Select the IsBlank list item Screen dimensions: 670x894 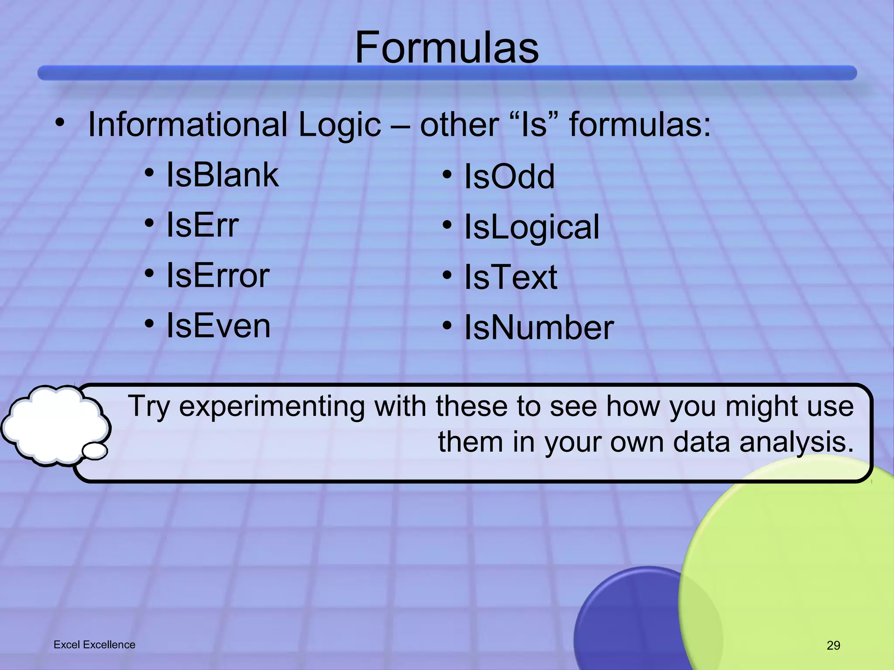222,175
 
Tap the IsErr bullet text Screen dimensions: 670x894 203,225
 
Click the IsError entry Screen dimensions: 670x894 218,276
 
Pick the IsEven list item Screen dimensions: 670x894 218,326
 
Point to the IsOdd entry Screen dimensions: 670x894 509,177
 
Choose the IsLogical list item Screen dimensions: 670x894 531,227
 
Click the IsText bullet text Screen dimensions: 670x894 510,277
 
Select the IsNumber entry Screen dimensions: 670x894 539,328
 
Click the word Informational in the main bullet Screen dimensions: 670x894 188,125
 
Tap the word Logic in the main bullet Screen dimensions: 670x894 339,126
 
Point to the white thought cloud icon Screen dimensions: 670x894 55,425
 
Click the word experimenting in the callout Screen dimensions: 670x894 272,407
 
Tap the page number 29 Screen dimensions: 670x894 833,645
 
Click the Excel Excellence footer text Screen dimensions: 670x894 94,645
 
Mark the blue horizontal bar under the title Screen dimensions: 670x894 447,73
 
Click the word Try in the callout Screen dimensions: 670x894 148,407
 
